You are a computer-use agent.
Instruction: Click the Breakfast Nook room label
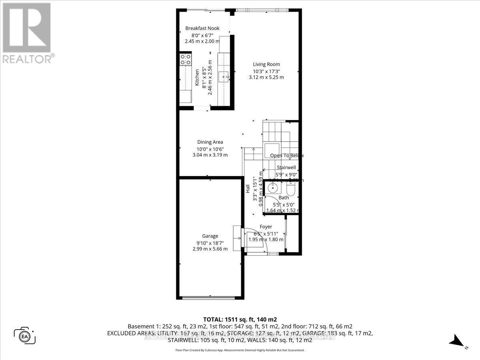[202, 28]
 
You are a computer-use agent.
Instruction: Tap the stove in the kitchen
[185, 60]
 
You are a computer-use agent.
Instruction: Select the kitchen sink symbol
[225, 75]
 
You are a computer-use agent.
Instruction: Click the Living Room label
[266, 64]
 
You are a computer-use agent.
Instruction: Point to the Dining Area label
[210, 142]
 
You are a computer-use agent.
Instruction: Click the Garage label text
[210, 236]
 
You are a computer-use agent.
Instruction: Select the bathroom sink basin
[274, 187]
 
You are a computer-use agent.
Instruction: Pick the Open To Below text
[287, 156]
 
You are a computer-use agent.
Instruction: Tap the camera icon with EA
[25, 335]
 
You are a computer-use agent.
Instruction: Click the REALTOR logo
[26, 32]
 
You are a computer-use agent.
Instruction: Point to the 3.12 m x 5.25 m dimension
[266, 77]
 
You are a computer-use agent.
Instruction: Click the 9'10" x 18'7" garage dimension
[210, 242]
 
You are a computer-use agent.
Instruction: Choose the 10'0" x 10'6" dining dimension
[210, 148]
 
